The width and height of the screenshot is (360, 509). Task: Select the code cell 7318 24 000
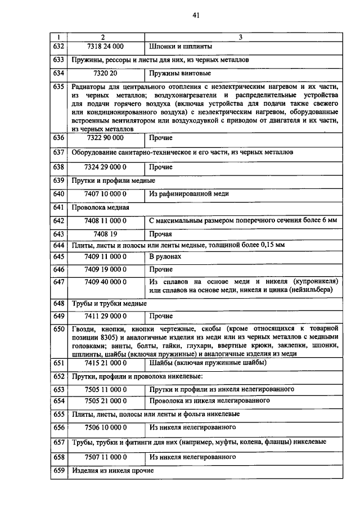[x=106, y=46]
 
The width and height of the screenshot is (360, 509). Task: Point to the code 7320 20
[x=106, y=73]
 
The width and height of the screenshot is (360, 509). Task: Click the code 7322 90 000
[x=106, y=137]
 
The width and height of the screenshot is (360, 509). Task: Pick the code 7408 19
[x=106, y=234]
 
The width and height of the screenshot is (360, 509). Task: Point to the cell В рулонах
[x=165, y=256]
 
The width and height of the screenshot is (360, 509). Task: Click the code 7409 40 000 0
[x=106, y=281]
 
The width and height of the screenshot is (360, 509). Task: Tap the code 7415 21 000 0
[x=106, y=363]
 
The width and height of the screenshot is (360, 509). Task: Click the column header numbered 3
[x=241, y=37]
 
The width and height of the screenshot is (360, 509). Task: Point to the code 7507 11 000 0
[x=106, y=457]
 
